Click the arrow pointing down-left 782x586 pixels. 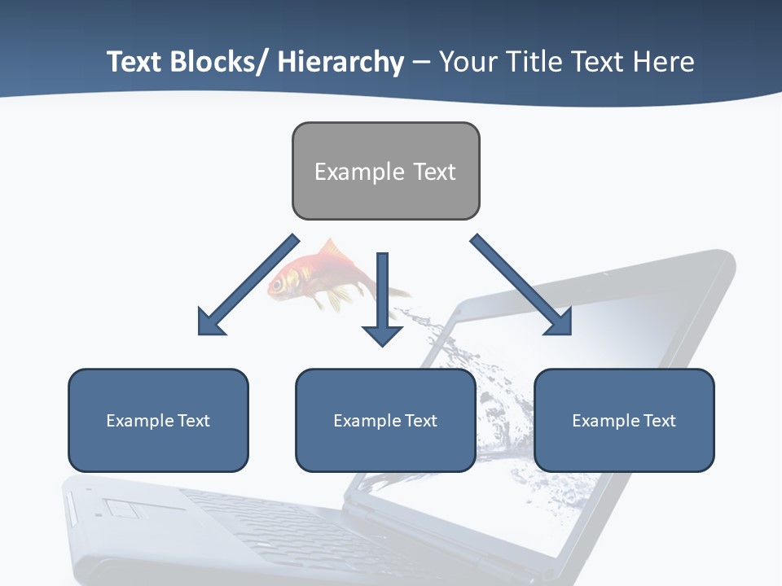pos(244,286)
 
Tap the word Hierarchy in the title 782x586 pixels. pos(340,62)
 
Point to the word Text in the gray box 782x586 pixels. pos(434,172)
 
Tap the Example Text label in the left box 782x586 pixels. pos(158,421)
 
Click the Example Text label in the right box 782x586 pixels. pos(624,421)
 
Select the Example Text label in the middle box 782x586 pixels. pos(385,421)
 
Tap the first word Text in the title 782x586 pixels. pos(135,62)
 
